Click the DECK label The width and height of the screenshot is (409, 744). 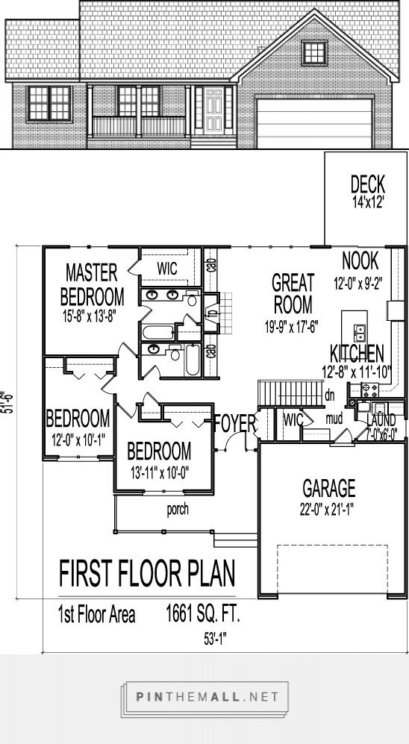(x=366, y=184)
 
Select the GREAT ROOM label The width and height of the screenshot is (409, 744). (x=292, y=293)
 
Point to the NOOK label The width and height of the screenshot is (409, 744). (x=360, y=260)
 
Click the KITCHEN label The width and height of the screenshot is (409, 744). (x=358, y=353)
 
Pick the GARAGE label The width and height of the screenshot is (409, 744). (x=328, y=489)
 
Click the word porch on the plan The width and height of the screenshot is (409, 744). (x=177, y=511)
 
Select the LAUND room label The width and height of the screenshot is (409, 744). (x=381, y=422)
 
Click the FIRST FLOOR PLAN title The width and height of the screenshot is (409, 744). (x=146, y=575)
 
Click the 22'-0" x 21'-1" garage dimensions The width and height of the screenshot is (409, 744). (x=328, y=510)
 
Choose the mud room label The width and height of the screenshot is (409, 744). (x=333, y=419)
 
